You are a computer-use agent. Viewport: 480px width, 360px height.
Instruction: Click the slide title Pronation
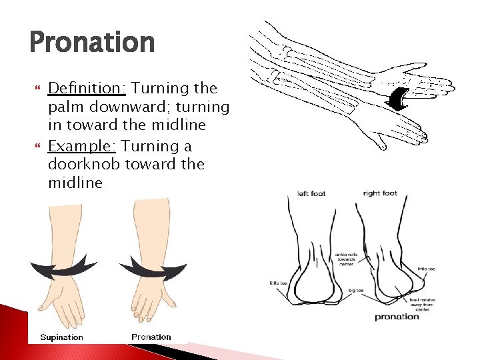click(x=92, y=43)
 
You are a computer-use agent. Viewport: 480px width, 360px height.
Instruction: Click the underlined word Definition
click(x=88, y=88)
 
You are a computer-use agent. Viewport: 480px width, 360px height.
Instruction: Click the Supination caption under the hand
click(x=61, y=337)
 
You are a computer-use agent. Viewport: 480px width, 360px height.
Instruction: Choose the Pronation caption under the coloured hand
click(x=151, y=337)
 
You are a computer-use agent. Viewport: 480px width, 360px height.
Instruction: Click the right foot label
click(x=380, y=194)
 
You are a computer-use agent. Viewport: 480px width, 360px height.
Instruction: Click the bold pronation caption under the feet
click(x=397, y=317)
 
